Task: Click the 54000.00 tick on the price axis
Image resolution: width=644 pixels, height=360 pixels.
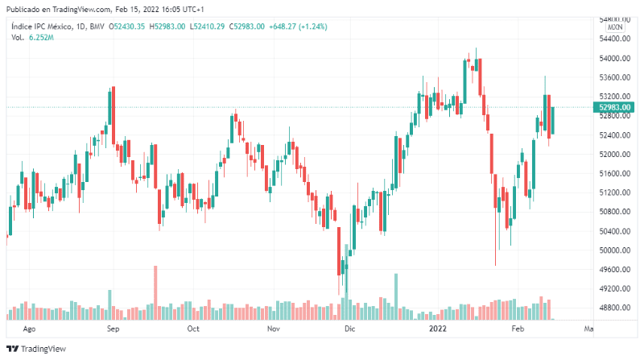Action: [613, 59]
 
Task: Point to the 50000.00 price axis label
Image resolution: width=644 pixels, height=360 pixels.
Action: [613, 250]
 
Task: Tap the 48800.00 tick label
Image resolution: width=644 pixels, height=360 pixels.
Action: [613, 308]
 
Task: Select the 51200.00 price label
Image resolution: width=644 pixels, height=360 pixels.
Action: [613, 193]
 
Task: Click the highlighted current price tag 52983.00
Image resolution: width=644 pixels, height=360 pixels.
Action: [614, 107]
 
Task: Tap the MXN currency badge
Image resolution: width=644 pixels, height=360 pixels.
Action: [616, 27]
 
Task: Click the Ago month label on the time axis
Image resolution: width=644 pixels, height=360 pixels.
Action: [30, 329]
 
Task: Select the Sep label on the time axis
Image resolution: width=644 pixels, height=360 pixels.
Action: [114, 329]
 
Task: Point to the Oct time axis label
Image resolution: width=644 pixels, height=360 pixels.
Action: [193, 329]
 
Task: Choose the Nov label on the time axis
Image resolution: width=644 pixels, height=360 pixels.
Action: [273, 329]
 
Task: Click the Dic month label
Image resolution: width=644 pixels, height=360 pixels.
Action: [349, 329]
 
